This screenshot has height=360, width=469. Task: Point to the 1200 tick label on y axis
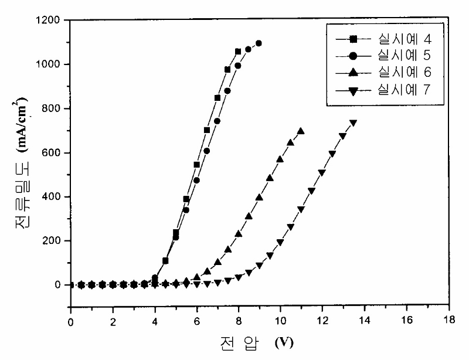click(x=48, y=21)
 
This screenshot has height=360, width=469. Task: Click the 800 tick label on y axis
click(x=51, y=108)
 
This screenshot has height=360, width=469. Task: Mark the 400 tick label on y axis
click(x=51, y=197)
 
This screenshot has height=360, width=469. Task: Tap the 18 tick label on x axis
click(x=448, y=320)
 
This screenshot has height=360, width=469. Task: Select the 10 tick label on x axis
click(x=281, y=321)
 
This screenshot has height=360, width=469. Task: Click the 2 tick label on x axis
click(x=113, y=322)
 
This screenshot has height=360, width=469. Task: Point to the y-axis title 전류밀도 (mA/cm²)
click(x=22, y=163)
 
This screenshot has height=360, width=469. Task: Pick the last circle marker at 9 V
click(x=259, y=43)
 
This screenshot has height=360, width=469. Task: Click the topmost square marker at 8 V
click(x=238, y=52)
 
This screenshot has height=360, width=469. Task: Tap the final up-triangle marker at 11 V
click(x=301, y=131)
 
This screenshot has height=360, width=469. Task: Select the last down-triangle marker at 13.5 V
click(x=354, y=123)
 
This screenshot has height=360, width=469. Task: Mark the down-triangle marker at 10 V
click(x=280, y=242)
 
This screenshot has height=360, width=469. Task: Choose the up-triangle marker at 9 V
click(x=259, y=197)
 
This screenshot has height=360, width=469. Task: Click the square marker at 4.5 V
click(x=165, y=261)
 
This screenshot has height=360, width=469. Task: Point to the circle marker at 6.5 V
click(x=207, y=151)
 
